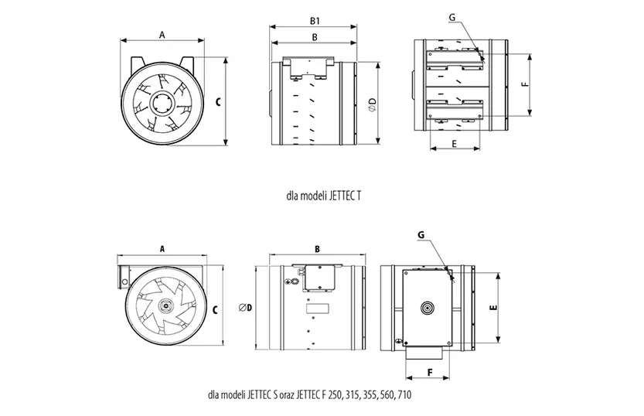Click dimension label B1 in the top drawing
(x=315, y=21)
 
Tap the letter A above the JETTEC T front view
(x=162, y=35)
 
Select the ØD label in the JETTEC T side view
(x=373, y=104)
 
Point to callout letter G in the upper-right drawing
(x=452, y=17)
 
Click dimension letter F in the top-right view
(x=524, y=84)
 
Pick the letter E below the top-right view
(x=454, y=144)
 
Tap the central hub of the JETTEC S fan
(x=166, y=305)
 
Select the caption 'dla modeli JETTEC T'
(x=324, y=196)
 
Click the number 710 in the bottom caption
(x=404, y=395)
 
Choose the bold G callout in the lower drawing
(x=421, y=235)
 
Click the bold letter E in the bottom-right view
(x=494, y=307)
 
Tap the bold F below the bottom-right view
(x=430, y=373)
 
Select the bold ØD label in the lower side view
(x=245, y=307)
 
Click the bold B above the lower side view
(x=317, y=249)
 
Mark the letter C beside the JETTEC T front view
(x=218, y=101)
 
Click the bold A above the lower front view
(x=162, y=249)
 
